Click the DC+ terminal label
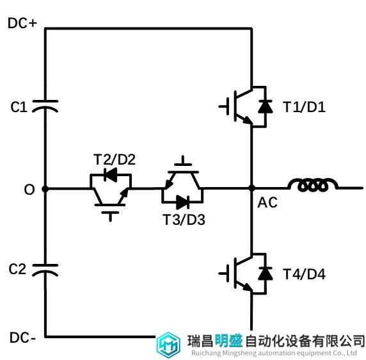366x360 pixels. (22, 23)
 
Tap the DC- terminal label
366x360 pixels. (22, 338)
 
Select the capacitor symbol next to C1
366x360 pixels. (45, 106)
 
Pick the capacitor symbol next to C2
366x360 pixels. (45, 270)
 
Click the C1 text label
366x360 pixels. (19, 107)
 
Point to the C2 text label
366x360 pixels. (17, 269)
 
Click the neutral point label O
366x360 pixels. (29, 190)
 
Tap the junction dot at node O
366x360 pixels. (45, 189)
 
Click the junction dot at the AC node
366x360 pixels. (251, 188)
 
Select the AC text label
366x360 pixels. (267, 202)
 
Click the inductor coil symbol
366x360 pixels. (313, 184)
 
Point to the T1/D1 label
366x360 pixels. (304, 107)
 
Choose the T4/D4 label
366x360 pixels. (304, 274)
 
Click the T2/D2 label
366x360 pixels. (115, 160)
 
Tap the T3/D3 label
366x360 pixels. (184, 220)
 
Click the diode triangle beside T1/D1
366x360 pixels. (266, 106)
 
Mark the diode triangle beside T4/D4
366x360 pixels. (266, 274)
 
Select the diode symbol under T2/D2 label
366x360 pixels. (111, 174)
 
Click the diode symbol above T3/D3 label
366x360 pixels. (183, 202)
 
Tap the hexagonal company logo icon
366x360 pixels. (168, 345)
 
